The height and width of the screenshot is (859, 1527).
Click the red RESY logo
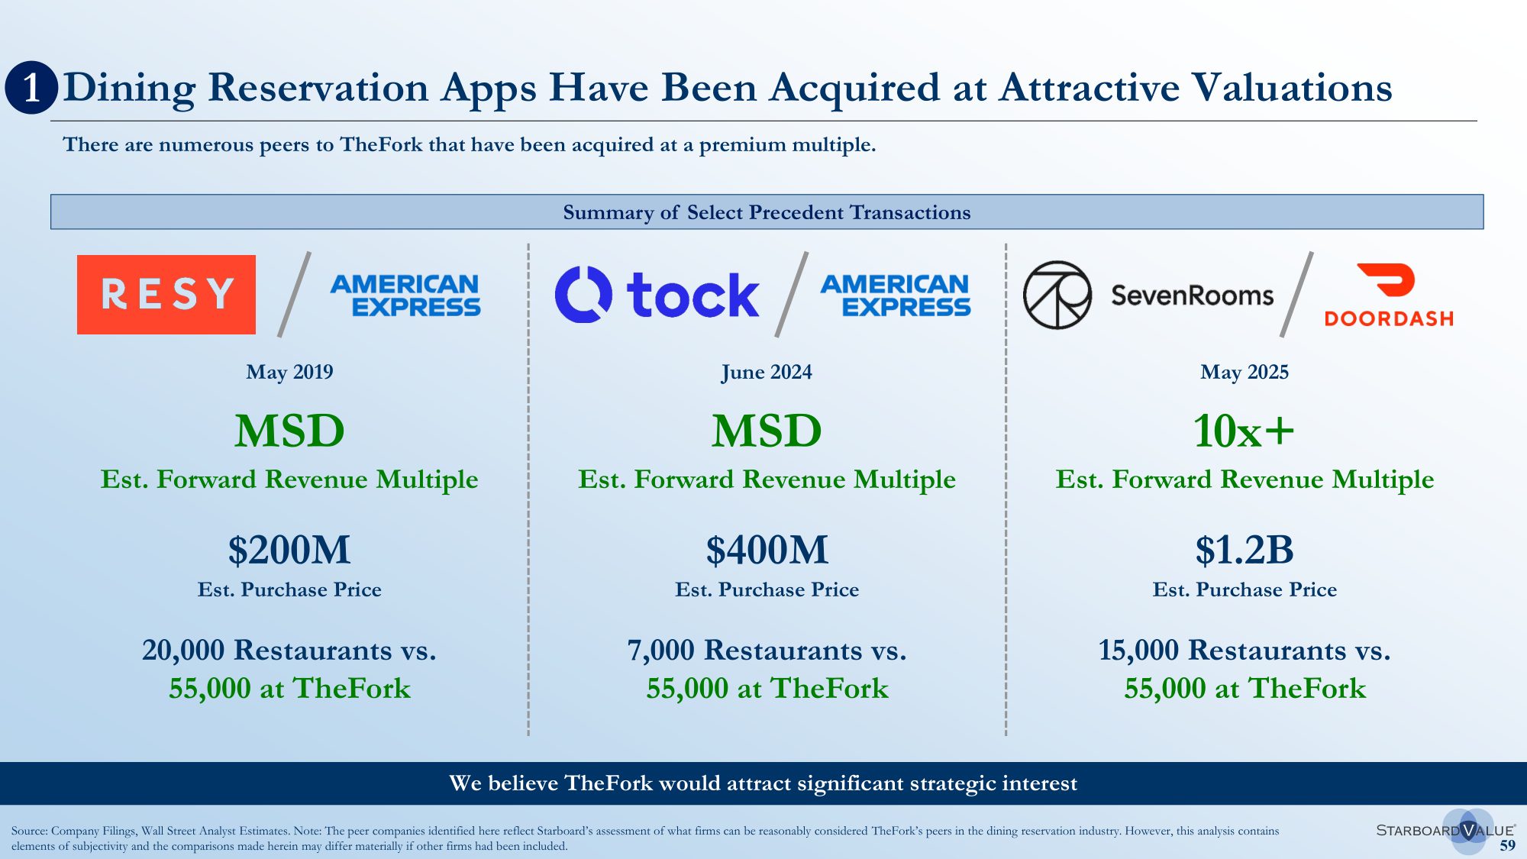click(x=166, y=294)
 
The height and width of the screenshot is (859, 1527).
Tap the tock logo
click(x=657, y=294)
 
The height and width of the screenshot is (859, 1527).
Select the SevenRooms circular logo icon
click(x=1057, y=295)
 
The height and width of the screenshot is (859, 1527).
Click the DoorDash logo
click(x=1389, y=295)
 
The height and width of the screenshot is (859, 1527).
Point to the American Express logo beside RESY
click(x=405, y=295)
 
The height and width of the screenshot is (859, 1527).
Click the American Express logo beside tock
click(x=896, y=295)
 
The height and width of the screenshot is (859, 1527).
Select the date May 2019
click(x=289, y=372)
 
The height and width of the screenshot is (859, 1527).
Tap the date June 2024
click(x=767, y=372)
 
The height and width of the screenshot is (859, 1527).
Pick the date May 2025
click(x=1245, y=372)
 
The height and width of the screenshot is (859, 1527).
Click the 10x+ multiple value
click(x=1245, y=431)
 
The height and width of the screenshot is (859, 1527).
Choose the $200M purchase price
click(x=289, y=550)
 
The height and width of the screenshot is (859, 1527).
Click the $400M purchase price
click(x=767, y=550)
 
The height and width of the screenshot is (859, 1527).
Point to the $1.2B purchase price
click(x=1245, y=550)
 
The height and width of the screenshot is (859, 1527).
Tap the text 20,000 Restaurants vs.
click(x=289, y=650)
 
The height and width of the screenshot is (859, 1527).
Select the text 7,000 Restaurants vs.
click(x=767, y=650)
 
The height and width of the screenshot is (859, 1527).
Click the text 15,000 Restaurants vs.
click(x=1245, y=650)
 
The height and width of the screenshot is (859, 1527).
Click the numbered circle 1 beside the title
click(x=31, y=88)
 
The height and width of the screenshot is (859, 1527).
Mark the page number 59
click(x=1507, y=845)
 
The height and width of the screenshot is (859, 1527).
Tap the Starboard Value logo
click(x=1446, y=831)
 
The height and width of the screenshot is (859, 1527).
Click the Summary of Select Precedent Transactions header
click(x=767, y=212)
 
